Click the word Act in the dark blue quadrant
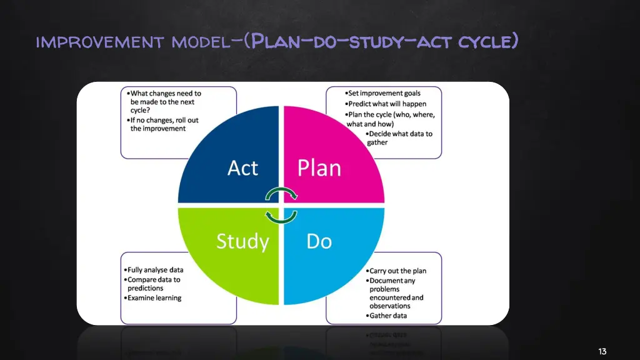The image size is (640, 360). [x=242, y=168]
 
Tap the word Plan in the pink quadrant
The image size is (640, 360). [x=319, y=168]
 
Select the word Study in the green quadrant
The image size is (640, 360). [x=242, y=241]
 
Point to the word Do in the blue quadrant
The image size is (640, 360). [x=319, y=241]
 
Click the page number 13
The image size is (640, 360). [x=602, y=351]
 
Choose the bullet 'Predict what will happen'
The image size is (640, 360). [x=387, y=104]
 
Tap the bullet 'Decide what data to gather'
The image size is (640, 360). [x=398, y=138]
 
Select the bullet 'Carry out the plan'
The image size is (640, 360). [x=397, y=271]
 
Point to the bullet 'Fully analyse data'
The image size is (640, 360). [x=156, y=270]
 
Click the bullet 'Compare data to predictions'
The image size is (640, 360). [x=154, y=284]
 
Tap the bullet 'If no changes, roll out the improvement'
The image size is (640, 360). [x=164, y=124]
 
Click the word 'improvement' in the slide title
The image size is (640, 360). [x=100, y=42]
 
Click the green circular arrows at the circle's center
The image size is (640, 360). [x=281, y=204]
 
